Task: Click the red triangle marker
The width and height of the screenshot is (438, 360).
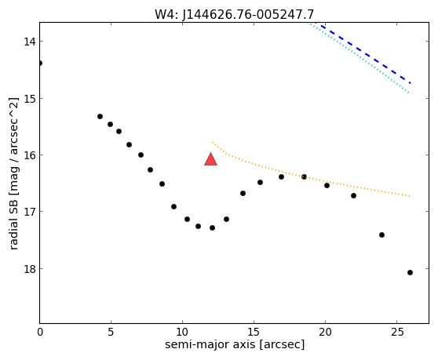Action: [x=210, y=159]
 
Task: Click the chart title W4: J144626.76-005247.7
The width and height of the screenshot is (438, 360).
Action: [x=235, y=15]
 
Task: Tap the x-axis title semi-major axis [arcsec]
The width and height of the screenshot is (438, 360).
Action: [x=235, y=344]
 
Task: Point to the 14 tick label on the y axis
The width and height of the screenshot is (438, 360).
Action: [x=29, y=42]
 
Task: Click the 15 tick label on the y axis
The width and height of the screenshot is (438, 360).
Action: [x=29, y=99]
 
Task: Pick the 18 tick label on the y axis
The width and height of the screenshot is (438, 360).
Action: [x=29, y=269]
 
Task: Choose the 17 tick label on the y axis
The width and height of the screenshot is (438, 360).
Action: [x=29, y=212]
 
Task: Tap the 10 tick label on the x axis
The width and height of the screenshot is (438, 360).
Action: [x=182, y=332]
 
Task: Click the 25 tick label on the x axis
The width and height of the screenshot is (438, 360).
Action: [x=396, y=332]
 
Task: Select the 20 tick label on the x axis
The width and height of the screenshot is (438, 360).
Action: [x=325, y=332]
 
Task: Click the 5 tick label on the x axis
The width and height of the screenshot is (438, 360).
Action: [x=111, y=332]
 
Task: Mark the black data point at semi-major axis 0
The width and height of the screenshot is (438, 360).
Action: [x=40, y=63]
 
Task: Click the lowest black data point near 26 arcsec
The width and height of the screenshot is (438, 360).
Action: [x=410, y=272]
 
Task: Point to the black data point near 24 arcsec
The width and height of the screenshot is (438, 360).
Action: [x=381, y=235]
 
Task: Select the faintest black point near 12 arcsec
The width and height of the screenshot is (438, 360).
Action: [x=212, y=227]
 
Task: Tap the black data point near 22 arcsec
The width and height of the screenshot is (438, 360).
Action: [x=354, y=195]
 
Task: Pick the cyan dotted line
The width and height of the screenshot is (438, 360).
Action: [x=359, y=57]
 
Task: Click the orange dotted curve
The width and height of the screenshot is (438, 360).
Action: [x=305, y=176]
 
